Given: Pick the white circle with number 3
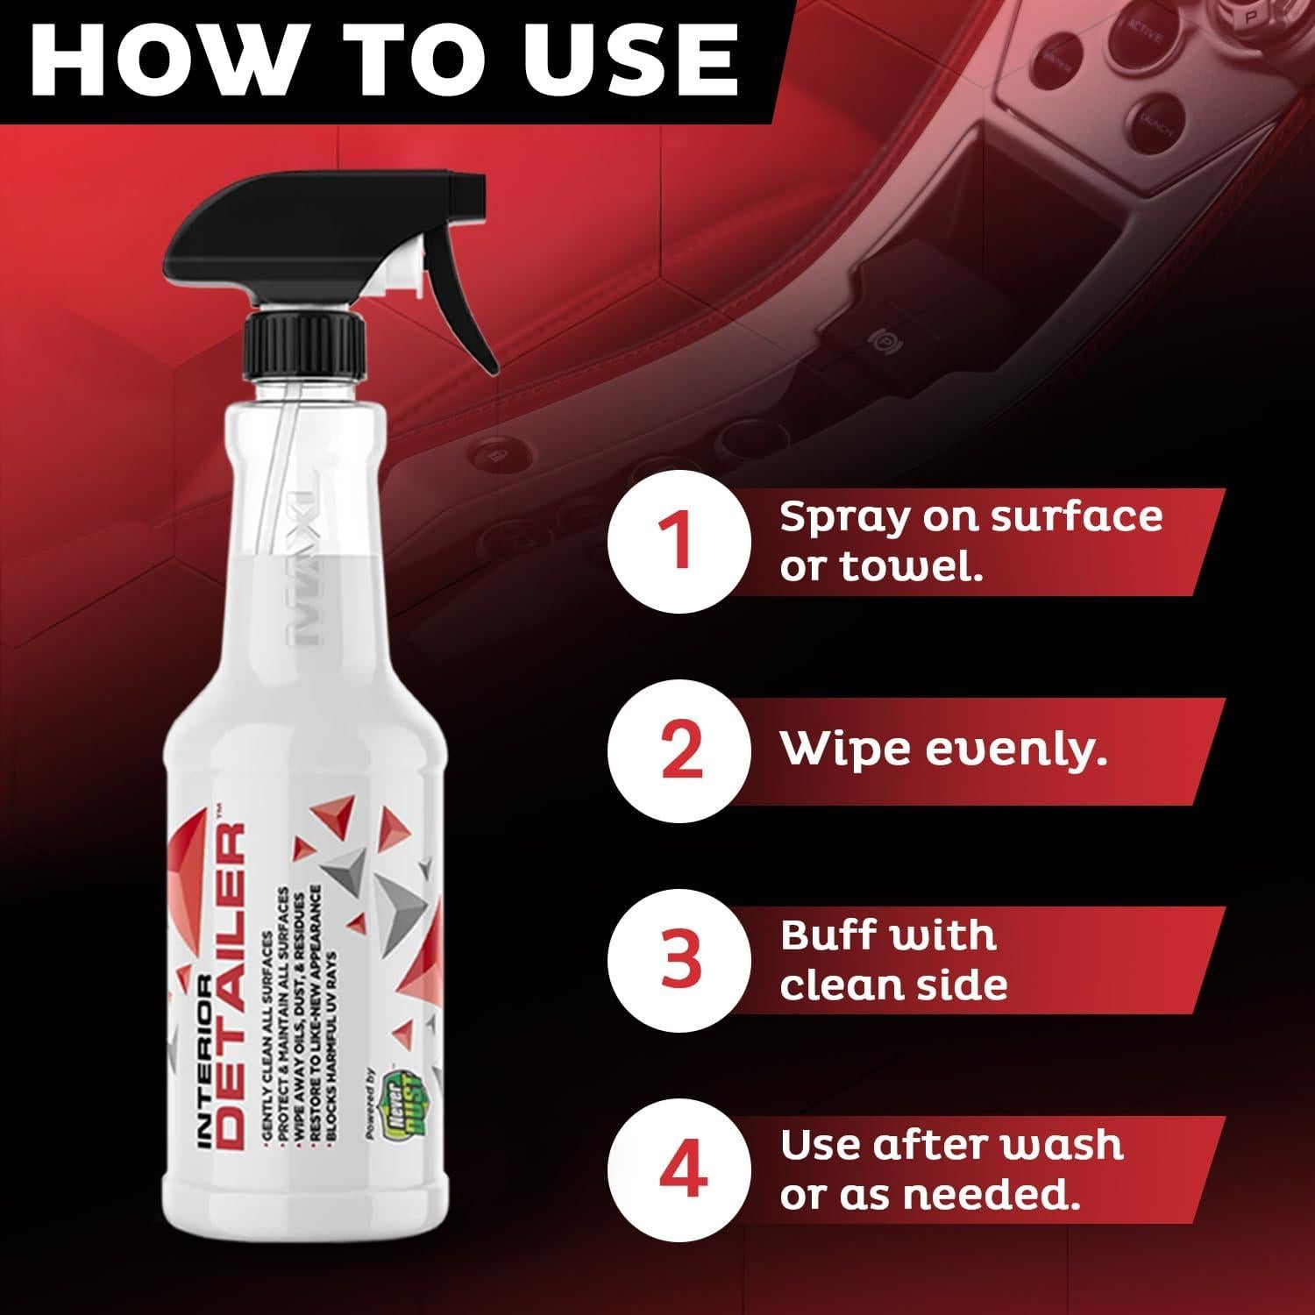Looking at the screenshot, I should (680, 958).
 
